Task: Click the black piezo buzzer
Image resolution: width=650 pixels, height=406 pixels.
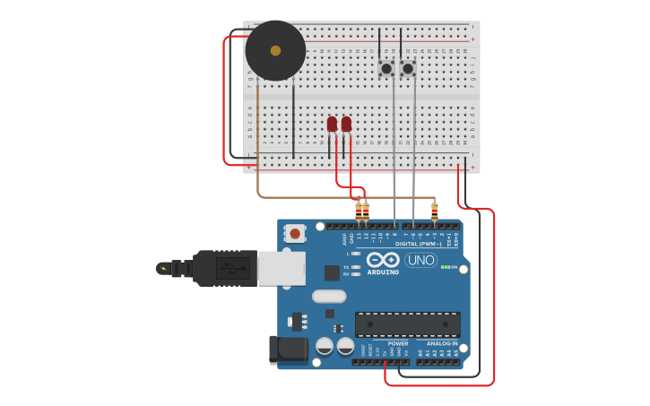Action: click(274, 51)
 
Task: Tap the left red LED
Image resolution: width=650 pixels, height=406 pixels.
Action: click(332, 125)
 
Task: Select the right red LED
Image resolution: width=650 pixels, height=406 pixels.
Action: click(346, 125)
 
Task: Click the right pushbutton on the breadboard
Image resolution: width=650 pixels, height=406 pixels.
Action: click(408, 68)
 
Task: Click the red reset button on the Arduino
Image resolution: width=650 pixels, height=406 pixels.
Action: click(294, 234)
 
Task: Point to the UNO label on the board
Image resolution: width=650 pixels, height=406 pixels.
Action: click(420, 260)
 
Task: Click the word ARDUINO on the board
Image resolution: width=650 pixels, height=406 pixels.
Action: click(383, 272)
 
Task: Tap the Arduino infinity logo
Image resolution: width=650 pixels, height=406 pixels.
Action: click(383, 259)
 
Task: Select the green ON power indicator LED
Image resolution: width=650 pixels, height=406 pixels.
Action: click(445, 267)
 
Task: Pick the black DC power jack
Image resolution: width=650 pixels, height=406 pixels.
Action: click(289, 349)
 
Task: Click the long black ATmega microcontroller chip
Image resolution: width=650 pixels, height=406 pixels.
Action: click(407, 324)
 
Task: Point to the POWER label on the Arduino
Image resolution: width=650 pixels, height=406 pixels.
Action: click(398, 343)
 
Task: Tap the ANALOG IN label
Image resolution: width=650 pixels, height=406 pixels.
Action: click(441, 343)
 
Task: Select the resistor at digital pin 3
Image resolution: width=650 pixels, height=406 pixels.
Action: click(435, 212)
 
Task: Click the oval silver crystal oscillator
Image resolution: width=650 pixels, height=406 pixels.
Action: click(329, 296)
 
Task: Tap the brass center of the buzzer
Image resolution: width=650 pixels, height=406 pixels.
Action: click(275, 51)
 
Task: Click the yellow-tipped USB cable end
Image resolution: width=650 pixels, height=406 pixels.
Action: click(163, 267)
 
